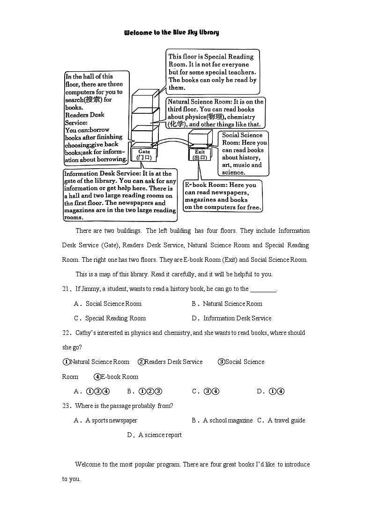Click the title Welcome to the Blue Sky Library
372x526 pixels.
(x=171, y=33)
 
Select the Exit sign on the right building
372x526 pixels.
(x=200, y=155)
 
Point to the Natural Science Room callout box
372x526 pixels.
(x=216, y=113)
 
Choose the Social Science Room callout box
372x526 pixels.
(x=245, y=154)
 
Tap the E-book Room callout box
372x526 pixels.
(x=223, y=196)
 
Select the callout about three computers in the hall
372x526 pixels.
(x=96, y=118)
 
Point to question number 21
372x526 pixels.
(x=66, y=289)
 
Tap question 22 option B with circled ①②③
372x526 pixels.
(x=144, y=391)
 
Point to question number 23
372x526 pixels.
(x=66, y=406)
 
